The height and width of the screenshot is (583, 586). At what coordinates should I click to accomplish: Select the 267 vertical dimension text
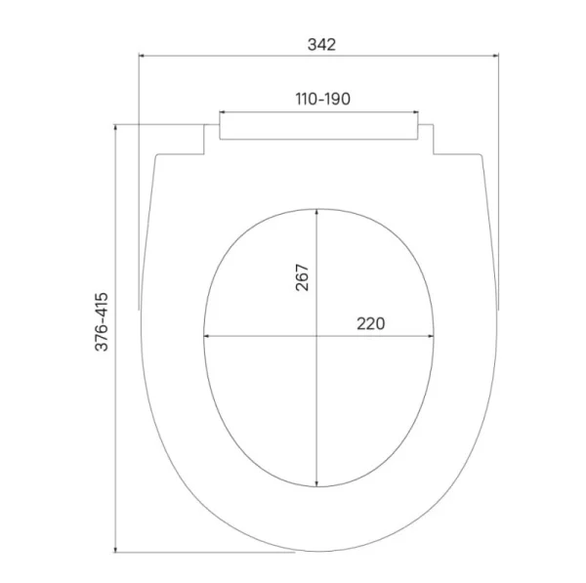point(302,278)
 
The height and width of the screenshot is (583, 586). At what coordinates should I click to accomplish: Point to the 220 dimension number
point(371,323)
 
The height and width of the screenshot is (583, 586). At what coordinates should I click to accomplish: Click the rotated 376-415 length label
point(102,322)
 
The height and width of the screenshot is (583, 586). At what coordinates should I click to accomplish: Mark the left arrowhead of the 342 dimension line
point(144,56)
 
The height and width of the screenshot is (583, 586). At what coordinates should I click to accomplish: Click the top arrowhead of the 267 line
point(317,211)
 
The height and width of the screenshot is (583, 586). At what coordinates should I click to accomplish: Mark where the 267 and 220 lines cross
point(317,337)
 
